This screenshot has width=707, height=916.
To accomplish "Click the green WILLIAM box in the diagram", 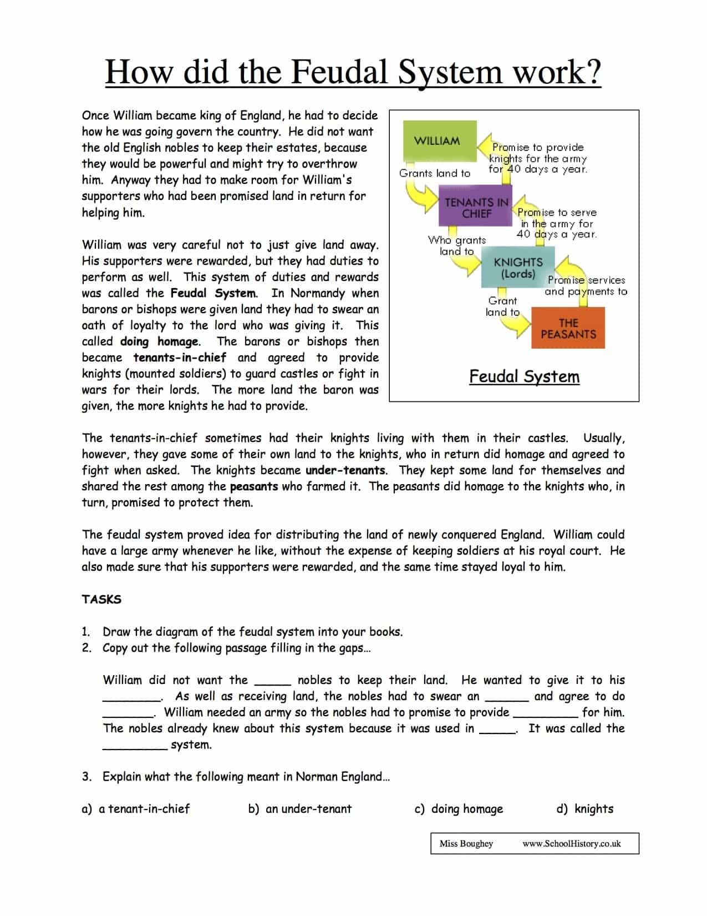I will point(437,141).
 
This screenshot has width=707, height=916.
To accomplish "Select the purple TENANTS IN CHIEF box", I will point(476,208).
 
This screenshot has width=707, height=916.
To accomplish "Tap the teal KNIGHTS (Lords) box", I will point(518,268).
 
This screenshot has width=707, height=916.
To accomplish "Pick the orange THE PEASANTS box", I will point(568,329).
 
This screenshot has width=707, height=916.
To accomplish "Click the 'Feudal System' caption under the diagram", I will point(524,376).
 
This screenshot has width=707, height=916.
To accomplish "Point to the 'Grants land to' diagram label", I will point(434,173).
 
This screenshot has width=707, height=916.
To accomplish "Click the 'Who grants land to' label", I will point(456,245).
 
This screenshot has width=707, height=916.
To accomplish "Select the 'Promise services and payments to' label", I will point(586,286).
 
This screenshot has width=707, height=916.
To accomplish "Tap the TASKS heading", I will point(101,600).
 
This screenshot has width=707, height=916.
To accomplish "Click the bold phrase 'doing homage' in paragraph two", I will point(159,341).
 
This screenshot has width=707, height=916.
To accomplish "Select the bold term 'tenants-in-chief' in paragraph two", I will point(180,358).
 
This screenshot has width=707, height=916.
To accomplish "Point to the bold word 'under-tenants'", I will point(345,470).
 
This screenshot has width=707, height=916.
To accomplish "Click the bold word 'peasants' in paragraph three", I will point(253,486).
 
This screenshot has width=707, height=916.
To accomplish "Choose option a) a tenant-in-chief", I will point(136,809).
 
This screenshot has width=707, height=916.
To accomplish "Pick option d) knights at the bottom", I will point(585,809).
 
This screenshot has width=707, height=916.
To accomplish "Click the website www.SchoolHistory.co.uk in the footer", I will point(571,844).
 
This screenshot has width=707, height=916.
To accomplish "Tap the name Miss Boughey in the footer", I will point(466,844).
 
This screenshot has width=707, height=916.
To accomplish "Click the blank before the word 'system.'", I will point(135,745).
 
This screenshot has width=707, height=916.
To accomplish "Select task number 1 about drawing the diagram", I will point(252,632).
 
